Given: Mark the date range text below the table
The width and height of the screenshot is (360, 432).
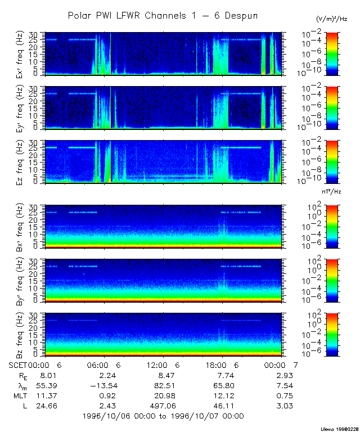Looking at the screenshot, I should [163, 416].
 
